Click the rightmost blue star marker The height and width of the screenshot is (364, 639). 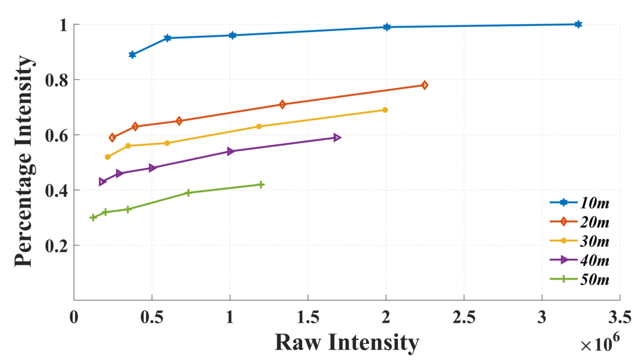coord(578,24)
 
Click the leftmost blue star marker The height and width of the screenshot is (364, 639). coord(132,55)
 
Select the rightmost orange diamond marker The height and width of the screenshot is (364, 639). coord(425,85)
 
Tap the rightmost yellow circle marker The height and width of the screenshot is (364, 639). coord(385,110)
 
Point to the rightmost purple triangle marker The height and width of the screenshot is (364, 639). coord(336,138)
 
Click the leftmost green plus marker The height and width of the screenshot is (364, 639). coord(93,217)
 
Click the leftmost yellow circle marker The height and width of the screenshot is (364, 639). coord(107,157)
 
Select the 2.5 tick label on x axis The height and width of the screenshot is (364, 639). coord(464,317)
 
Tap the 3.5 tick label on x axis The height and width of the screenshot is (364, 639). coord(620,317)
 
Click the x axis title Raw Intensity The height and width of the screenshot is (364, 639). coord(347,342)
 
